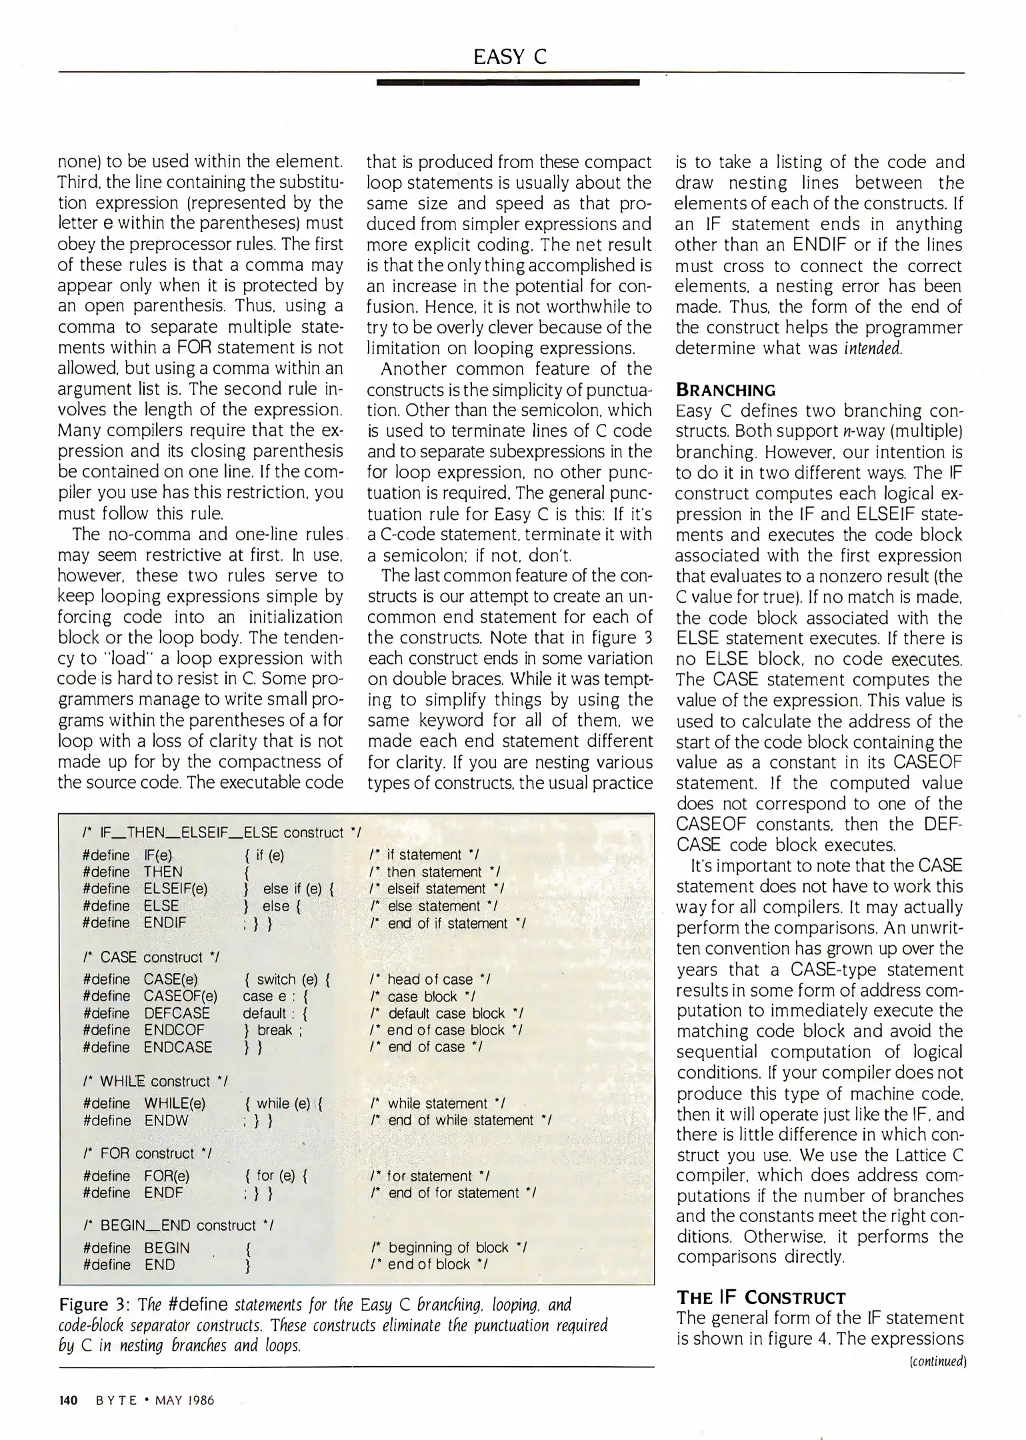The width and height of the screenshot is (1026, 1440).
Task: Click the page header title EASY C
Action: pyautogui.click(x=510, y=57)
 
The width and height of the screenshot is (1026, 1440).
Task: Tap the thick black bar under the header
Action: pyautogui.click(x=507, y=83)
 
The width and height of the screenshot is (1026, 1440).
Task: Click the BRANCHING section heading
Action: pyautogui.click(x=725, y=390)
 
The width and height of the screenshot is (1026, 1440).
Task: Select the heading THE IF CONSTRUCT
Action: pyautogui.click(x=761, y=1297)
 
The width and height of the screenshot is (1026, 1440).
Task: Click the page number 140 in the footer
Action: pyautogui.click(x=69, y=1400)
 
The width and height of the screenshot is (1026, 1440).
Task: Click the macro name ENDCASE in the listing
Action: pyautogui.click(x=178, y=1047)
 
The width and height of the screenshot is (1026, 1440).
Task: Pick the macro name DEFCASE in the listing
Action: pyautogui.click(x=177, y=1013)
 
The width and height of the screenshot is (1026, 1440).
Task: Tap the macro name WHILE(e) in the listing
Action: pyautogui.click(x=175, y=1104)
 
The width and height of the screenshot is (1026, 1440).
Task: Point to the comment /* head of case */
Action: pyautogui.click(x=429, y=979)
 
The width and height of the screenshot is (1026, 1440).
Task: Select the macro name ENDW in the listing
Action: pyautogui.click(x=166, y=1121)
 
